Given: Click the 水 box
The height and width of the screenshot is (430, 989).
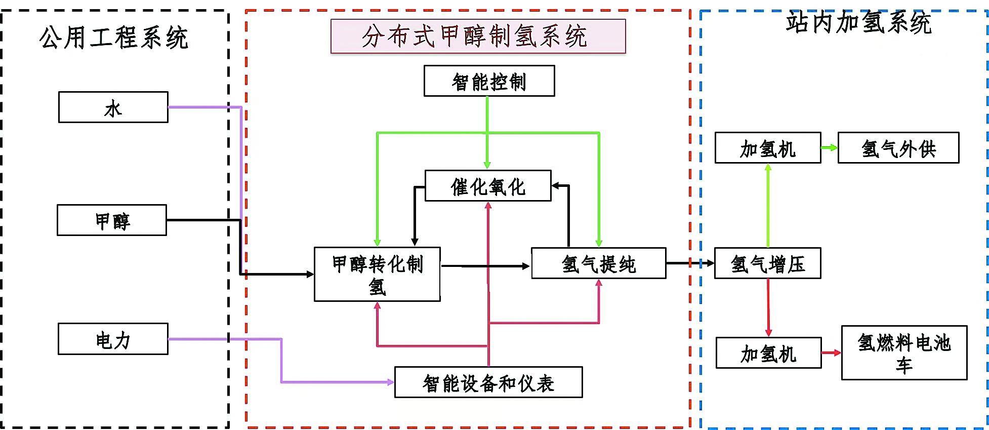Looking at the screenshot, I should pos(113,107).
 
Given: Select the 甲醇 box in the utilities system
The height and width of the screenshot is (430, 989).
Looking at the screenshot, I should pos(112,220).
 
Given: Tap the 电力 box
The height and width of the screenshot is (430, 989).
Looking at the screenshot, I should pos(113,339).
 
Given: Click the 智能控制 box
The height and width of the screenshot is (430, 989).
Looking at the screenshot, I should pos(489,81).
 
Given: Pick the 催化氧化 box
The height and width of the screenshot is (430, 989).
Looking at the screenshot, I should pos(488,186).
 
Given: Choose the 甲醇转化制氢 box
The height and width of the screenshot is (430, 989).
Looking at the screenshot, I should pos(377,275).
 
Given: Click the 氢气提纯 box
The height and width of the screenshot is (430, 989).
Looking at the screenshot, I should pos(598,263).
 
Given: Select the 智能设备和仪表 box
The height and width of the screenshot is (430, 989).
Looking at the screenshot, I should pos(488,382).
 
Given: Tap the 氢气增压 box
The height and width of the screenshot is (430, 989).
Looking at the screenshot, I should pos(767,263).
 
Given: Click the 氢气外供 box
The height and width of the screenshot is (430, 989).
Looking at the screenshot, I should pos(898,148).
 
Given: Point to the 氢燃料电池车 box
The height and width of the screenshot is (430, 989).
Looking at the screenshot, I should pos(904,353).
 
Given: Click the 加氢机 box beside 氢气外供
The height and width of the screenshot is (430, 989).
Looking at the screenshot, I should pos(767,148).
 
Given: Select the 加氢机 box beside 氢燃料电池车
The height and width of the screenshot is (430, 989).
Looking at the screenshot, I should pos(768,353).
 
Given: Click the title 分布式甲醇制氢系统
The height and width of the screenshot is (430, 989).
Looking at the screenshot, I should pos(478,36).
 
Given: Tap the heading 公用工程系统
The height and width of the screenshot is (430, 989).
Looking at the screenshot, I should pos(114,37).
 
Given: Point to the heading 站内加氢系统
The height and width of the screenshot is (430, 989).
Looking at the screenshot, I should pos(858,23).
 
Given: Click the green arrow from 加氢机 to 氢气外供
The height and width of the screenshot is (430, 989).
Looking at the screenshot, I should pos(829,148).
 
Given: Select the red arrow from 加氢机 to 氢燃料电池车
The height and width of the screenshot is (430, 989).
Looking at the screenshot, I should pos(831,353).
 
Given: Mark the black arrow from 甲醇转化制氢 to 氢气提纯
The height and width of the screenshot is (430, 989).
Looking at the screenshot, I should pos(485,265).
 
